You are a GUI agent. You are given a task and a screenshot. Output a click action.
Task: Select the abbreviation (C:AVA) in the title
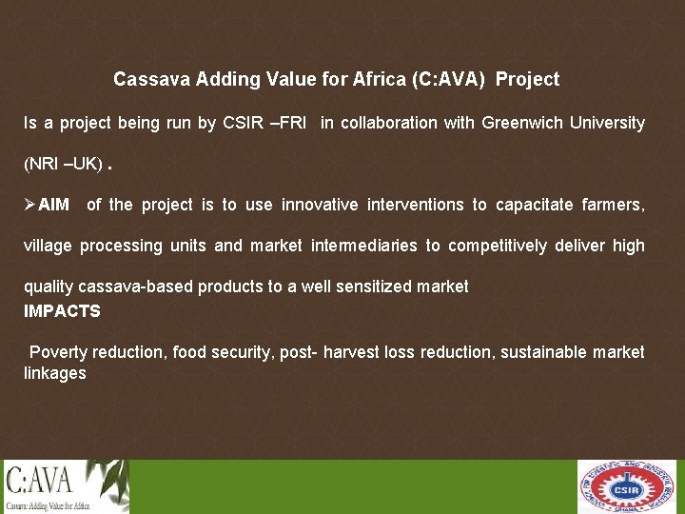451,80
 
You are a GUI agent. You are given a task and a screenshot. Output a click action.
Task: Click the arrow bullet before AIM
30,205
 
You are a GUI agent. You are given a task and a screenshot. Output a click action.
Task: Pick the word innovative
321,205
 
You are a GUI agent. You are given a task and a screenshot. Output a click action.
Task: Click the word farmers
612,205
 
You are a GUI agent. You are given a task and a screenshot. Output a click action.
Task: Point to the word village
48,246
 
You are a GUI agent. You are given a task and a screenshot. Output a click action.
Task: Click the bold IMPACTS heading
62,311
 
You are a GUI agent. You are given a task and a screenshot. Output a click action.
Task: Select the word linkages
54,373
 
